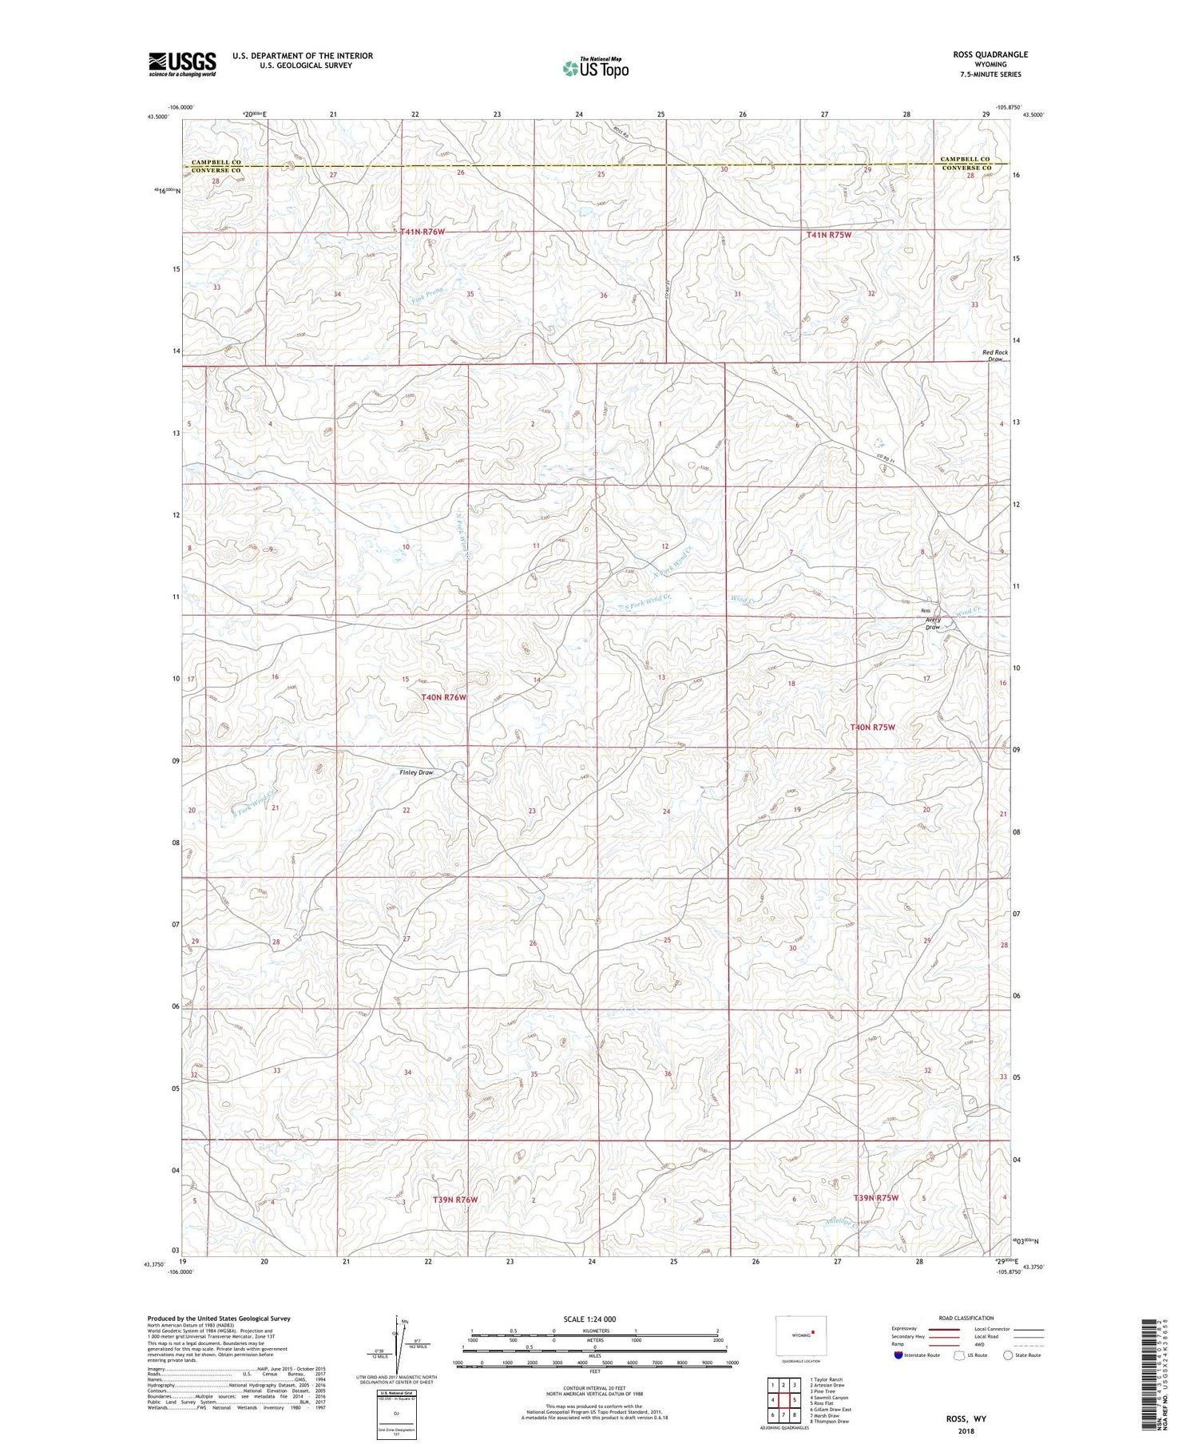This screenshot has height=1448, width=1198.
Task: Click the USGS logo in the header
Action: [x=182, y=64]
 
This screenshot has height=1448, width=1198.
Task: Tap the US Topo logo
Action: [x=595, y=69]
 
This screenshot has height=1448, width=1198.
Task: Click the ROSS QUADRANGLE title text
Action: [x=990, y=54]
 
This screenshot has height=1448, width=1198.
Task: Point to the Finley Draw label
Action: [x=416, y=772]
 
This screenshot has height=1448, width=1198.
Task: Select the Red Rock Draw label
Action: [x=995, y=355]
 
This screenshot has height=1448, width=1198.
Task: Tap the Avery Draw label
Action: [x=933, y=623]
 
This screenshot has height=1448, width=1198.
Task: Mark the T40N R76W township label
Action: [x=443, y=697]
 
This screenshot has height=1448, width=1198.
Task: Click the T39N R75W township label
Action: [x=876, y=1198]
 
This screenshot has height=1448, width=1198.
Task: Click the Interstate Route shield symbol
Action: [x=898, y=1355]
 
